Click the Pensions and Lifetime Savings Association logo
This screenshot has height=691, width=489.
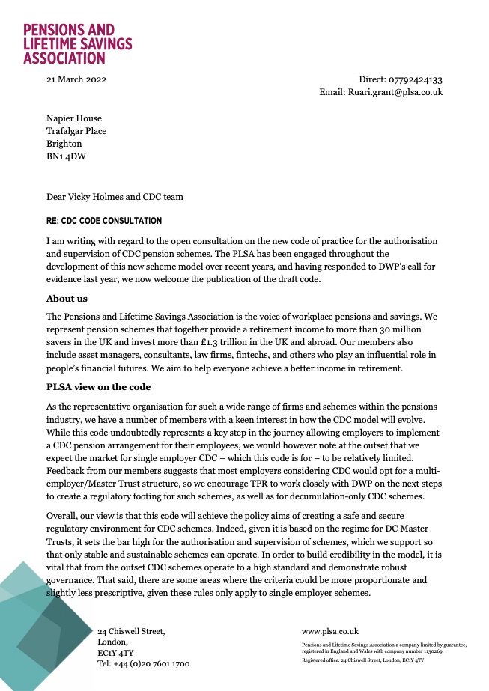[x=77, y=43]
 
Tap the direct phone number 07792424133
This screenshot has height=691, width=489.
[x=415, y=79]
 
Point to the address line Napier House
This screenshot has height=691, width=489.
[x=74, y=118]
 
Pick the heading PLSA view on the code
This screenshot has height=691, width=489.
[x=99, y=386]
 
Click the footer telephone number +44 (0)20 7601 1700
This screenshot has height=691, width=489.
[x=144, y=664]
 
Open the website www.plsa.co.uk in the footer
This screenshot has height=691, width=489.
[x=330, y=631]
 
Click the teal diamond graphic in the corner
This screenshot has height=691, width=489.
[x=41, y=633]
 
